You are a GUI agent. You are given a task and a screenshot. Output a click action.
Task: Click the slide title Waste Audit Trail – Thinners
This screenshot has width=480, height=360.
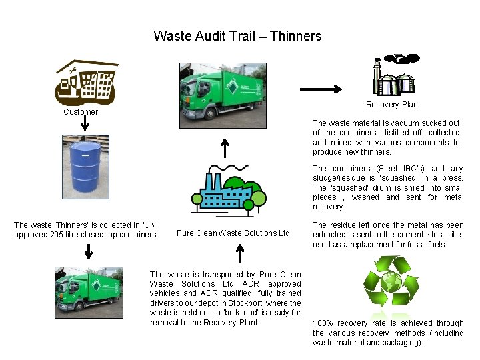coord(237,36)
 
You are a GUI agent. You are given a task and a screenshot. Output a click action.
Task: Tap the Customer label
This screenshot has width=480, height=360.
coord(81,112)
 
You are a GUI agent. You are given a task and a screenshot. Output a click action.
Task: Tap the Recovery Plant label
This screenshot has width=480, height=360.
coord(393,105)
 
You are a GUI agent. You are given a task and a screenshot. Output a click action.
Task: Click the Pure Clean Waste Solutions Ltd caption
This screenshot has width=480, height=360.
coord(233,233)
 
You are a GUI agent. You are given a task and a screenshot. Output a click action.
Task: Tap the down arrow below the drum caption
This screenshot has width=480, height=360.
coord(88,251)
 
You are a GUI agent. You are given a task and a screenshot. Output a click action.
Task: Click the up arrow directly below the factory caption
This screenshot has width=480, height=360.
coord(240,253)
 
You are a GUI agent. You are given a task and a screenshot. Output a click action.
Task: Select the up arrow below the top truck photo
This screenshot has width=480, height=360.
coord(225,147)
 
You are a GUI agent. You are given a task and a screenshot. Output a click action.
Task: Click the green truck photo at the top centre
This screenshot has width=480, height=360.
coord(223,94)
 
